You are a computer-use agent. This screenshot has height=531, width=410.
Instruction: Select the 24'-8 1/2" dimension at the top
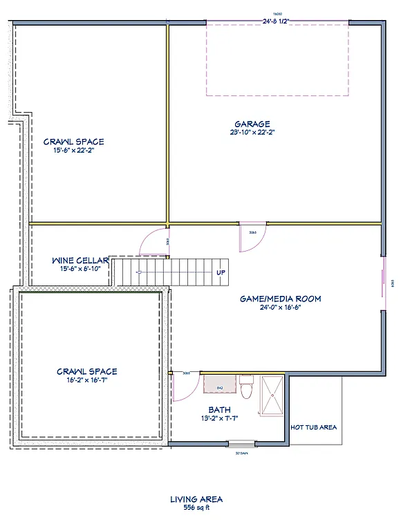click(x=275, y=21)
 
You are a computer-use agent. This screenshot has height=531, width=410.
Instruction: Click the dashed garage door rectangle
click(x=277, y=59)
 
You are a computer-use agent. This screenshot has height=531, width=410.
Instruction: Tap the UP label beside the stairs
click(x=221, y=272)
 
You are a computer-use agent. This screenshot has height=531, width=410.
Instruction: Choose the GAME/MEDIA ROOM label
click(x=280, y=299)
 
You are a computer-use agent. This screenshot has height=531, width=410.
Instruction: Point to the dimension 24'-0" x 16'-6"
click(x=280, y=307)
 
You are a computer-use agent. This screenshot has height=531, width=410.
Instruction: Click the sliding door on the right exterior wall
click(x=382, y=282)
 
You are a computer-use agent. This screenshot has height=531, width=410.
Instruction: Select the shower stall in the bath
click(x=272, y=395)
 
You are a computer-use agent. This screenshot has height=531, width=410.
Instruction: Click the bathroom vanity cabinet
click(x=220, y=384)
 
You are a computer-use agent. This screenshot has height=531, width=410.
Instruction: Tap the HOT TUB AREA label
click(x=313, y=427)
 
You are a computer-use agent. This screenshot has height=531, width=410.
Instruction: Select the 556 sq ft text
click(x=196, y=507)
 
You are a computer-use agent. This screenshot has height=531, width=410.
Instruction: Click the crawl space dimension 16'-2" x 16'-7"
click(x=87, y=380)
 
